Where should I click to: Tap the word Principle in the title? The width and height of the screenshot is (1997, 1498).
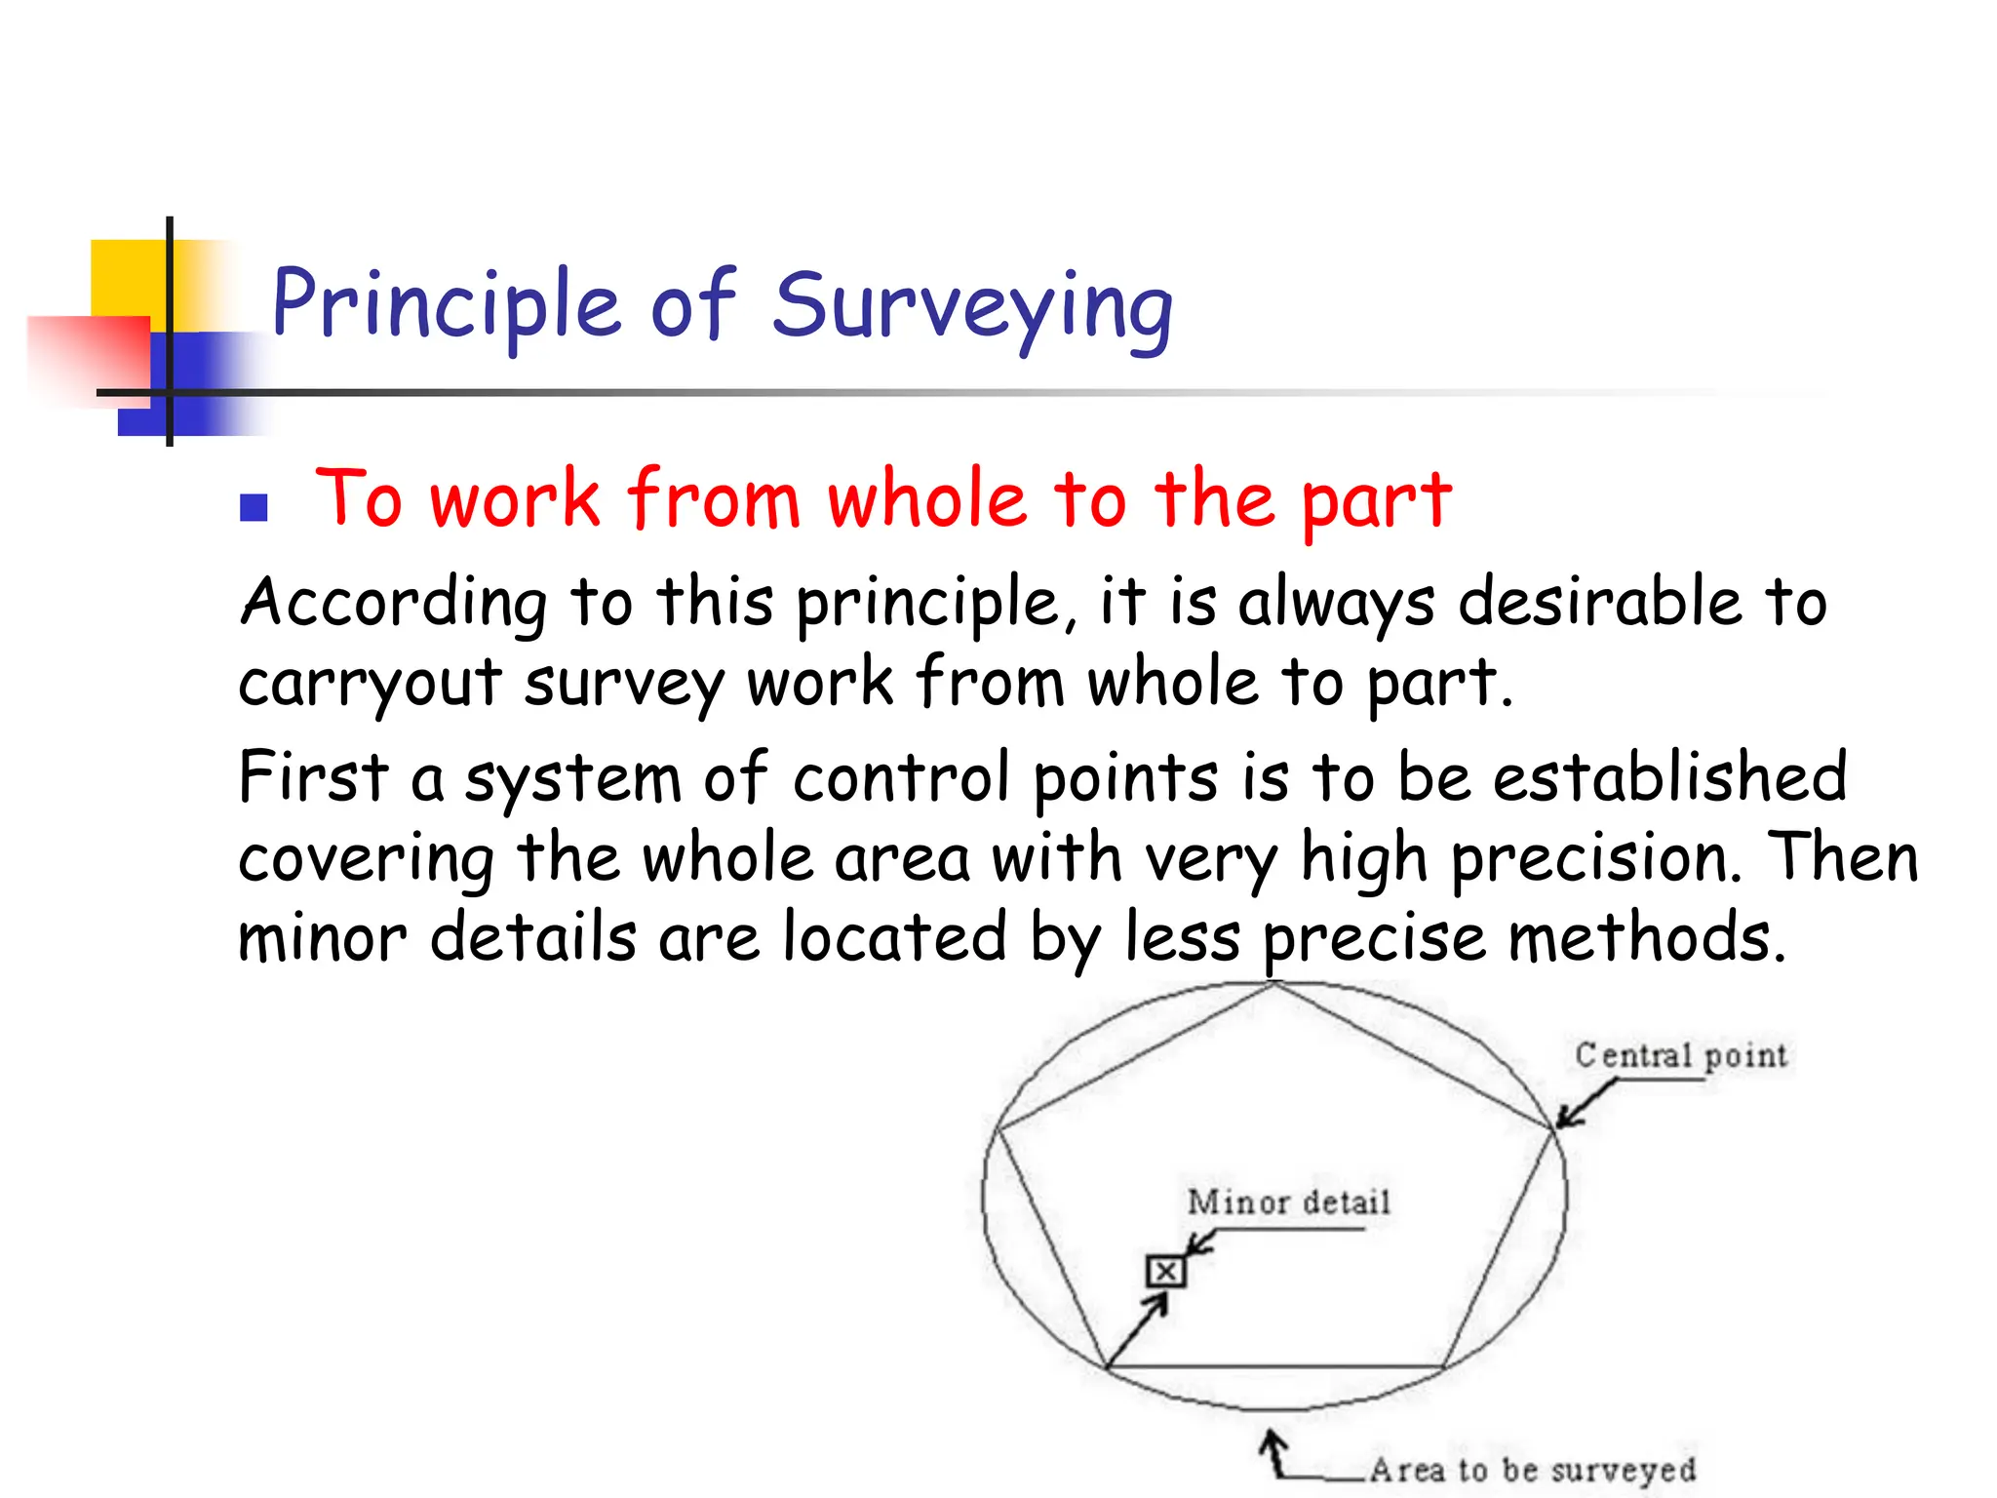[x=446, y=305]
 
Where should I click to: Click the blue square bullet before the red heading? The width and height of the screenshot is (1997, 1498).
[x=254, y=507]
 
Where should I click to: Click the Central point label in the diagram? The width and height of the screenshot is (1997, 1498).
[x=1681, y=1056]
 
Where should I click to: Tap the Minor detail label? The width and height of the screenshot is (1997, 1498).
[x=1288, y=1202]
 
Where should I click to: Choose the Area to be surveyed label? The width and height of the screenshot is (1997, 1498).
[x=1533, y=1470]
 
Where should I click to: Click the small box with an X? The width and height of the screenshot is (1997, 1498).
[x=1165, y=1272]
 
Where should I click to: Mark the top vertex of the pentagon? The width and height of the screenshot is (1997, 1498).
[x=1273, y=984]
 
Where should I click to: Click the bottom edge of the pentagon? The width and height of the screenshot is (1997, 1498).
[x=1275, y=1367]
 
